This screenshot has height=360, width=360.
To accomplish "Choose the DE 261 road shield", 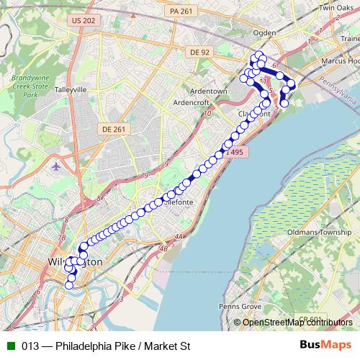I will pyautogui.click(x=114, y=129).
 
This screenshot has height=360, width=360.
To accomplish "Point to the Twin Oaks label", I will pyautogui.click(x=336, y=7).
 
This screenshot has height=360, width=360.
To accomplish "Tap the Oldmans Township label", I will pyautogui.click(x=320, y=232).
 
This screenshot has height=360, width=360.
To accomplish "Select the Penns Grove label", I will pyautogui.click(x=241, y=306).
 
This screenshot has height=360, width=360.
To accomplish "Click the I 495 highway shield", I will pyautogui.click(x=235, y=153).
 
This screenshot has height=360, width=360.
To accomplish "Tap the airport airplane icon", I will pyautogui.click(x=57, y=166).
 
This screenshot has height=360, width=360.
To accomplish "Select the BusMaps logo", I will pyautogui.click(x=326, y=346).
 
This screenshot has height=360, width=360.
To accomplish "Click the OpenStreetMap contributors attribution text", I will pyautogui.click(x=297, y=322).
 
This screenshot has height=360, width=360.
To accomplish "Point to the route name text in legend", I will pyautogui.click(x=105, y=346).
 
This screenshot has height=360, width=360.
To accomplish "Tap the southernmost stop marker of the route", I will pyautogui.click(x=69, y=285).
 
